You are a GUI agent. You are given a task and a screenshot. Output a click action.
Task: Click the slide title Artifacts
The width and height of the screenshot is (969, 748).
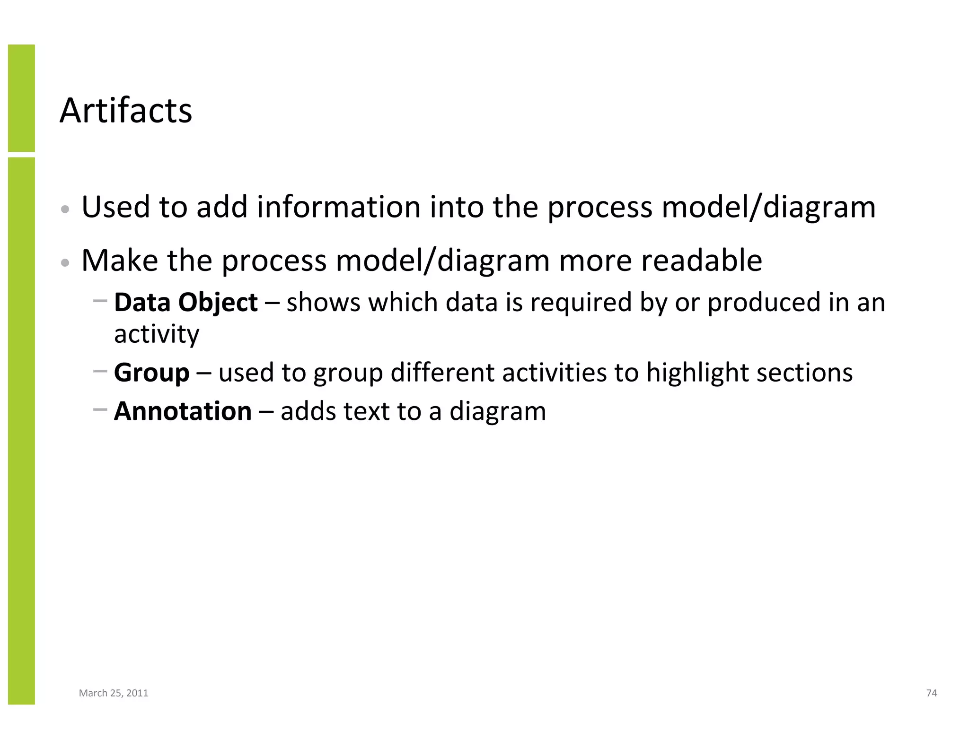(126, 111)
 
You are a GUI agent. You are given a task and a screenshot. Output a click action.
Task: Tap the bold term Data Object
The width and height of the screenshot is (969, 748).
(186, 303)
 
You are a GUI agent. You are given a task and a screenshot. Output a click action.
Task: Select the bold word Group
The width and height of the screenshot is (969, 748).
(151, 373)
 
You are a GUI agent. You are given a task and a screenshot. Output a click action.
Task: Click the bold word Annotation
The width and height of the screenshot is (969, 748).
(183, 411)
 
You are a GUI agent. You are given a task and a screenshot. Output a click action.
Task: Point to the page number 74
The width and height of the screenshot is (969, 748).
(931, 693)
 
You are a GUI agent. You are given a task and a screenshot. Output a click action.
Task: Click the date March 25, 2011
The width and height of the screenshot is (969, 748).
(114, 693)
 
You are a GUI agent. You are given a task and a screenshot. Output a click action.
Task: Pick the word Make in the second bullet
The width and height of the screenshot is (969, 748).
(120, 261)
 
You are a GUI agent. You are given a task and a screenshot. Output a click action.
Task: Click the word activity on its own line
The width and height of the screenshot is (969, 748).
(157, 335)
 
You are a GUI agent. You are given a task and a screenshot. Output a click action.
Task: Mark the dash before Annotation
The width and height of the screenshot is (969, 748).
(100, 409)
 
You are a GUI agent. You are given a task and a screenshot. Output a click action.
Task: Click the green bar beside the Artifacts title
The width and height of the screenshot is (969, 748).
(21, 98)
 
